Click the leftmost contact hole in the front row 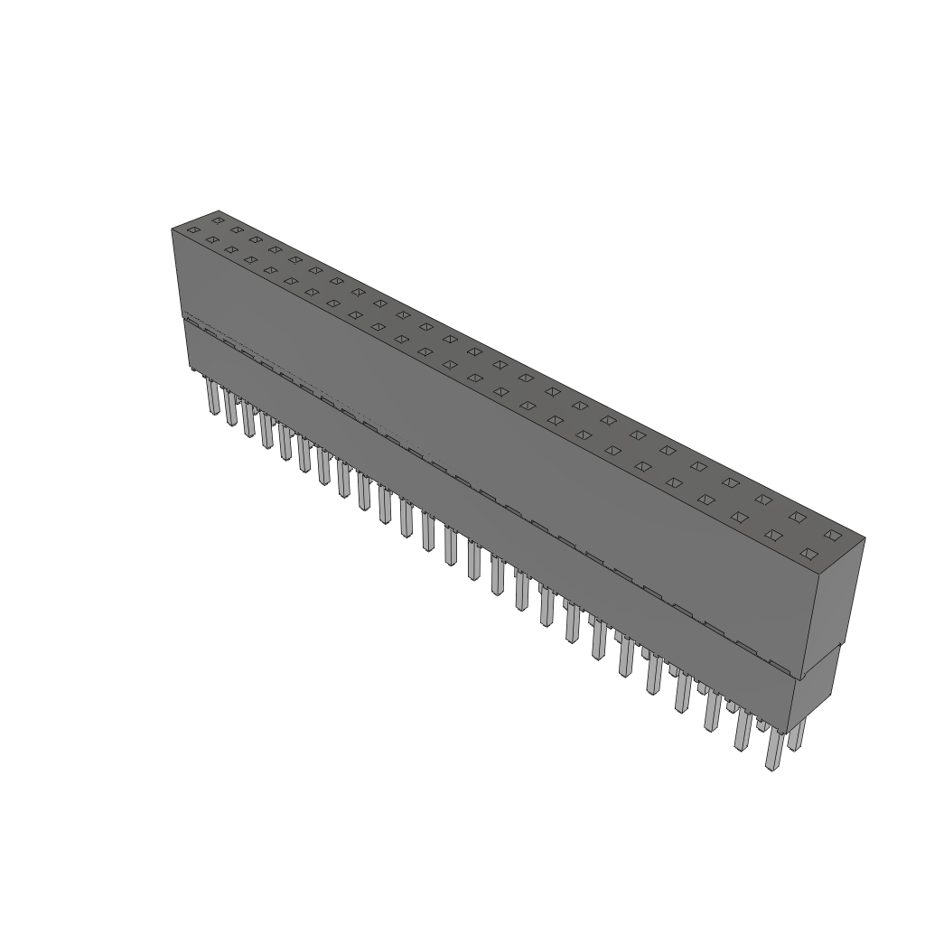[192, 230]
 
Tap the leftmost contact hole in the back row [218, 220]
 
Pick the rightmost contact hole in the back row [833, 535]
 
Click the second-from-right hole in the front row [773, 535]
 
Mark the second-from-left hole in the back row [237, 229]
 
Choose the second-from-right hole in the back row [797, 516]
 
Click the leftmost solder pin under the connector [212, 397]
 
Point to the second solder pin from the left [230, 409]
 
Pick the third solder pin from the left [248, 421]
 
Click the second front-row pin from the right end [742, 730]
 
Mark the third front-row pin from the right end [712, 711]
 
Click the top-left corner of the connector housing [173, 229]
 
